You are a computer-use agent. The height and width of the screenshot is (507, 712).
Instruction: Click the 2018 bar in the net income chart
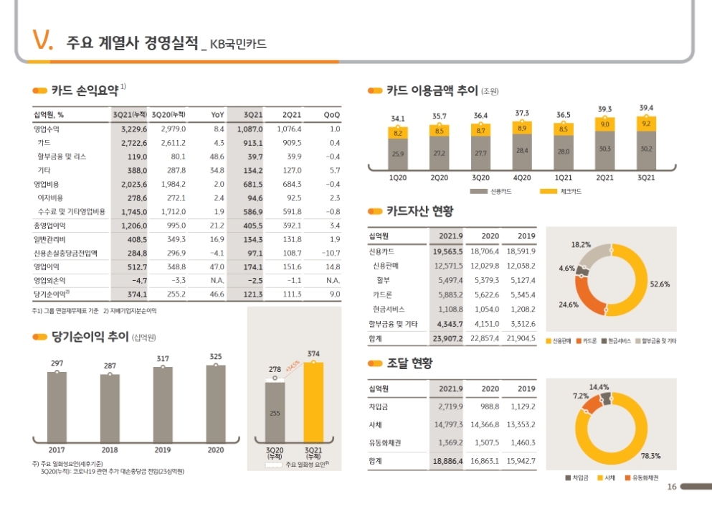pyautogui.click(x=110, y=406)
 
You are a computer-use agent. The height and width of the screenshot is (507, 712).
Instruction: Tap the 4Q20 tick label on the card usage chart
pyautogui.click(x=522, y=177)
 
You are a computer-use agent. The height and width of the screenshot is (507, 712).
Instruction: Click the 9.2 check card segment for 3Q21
pyautogui.click(x=646, y=124)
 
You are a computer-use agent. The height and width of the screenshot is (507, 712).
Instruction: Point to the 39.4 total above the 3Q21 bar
pyautogui.click(x=646, y=108)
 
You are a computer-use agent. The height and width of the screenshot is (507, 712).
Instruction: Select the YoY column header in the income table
pyautogui.click(x=218, y=114)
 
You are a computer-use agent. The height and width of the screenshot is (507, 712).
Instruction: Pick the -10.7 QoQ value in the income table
pyautogui.click(x=331, y=253)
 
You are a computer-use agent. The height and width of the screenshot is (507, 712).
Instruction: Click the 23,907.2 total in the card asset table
pyautogui.click(x=448, y=338)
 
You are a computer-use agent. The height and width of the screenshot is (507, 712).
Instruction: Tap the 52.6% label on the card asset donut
pyautogui.click(x=659, y=284)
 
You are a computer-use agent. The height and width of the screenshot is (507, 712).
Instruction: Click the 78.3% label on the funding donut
pyautogui.click(x=650, y=455)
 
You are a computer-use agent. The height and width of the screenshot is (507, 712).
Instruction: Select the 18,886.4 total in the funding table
pyautogui.click(x=448, y=460)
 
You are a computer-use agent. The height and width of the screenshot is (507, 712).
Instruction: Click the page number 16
pyautogui.click(x=672, y=487)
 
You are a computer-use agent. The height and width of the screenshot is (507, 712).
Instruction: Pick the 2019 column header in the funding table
pyautogui.click(x=526, y=389)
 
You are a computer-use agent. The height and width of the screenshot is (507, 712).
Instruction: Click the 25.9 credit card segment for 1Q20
pyautogui.click(x=398, y=154)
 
